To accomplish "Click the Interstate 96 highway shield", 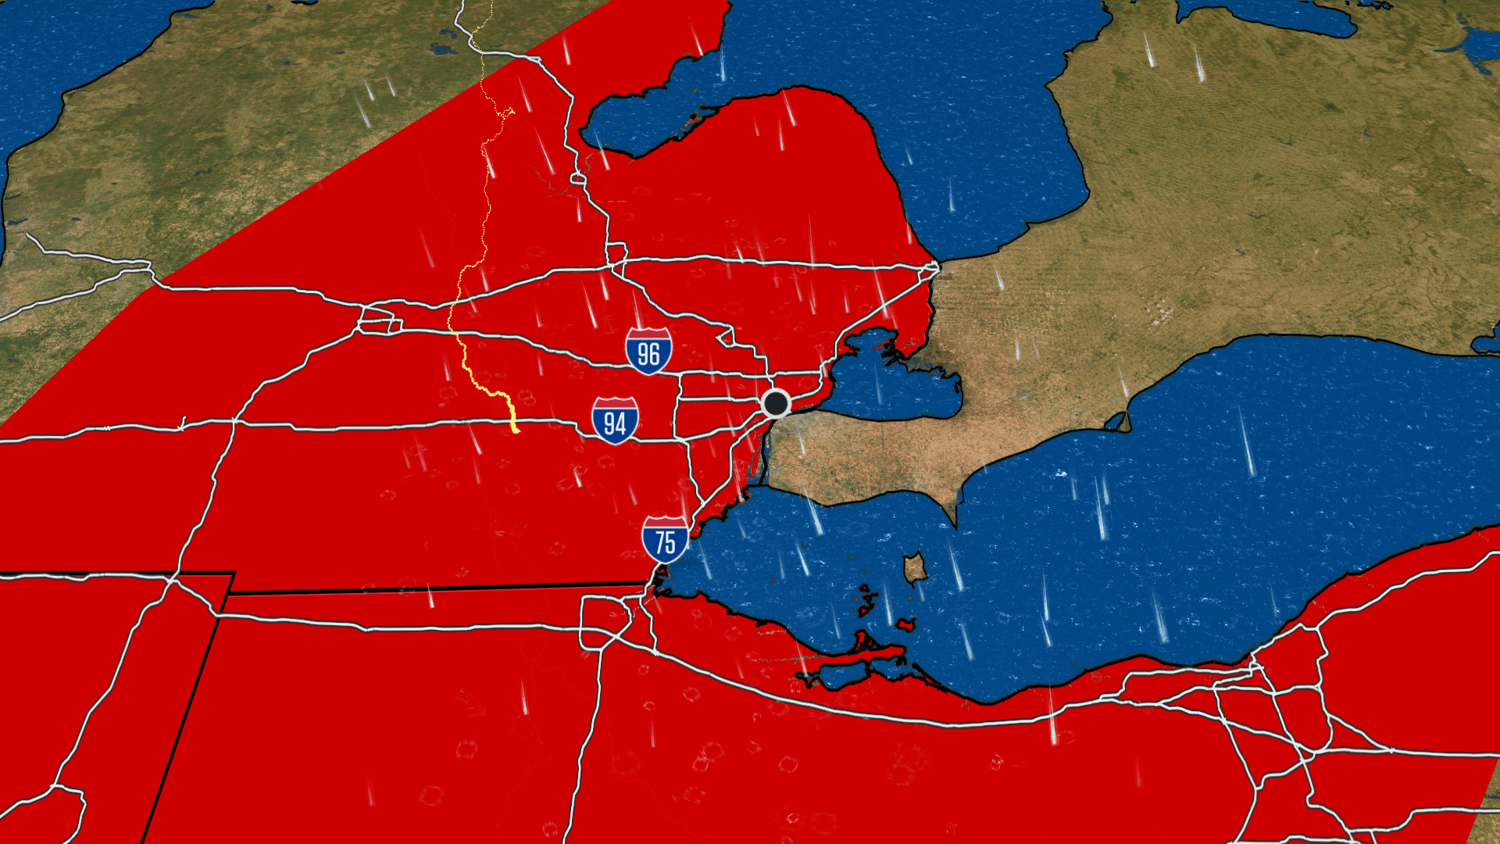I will click(648, 351).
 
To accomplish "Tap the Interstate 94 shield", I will click(615, 420).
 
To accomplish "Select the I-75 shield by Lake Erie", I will click(665, 539).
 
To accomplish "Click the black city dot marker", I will click(776, 403).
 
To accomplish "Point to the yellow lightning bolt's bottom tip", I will click(516, 430).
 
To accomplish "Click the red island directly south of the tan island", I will click(905, 624).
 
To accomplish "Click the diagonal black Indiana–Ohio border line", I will click(187, 703).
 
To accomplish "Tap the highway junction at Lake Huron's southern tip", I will click(935, 267).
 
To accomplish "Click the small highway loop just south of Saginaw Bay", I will click(578, 178).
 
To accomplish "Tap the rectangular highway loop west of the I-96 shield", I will click(379, 320).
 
